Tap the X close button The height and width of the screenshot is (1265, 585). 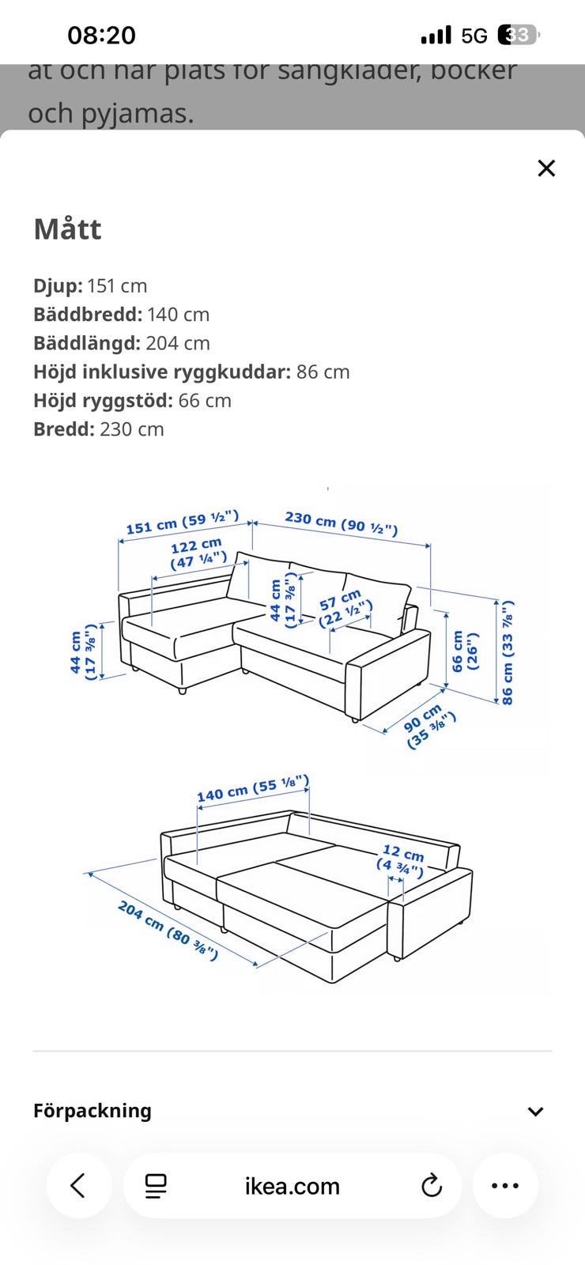[546, 168]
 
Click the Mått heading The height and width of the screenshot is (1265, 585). [67, 229]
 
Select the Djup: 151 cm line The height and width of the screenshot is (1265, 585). [90, 286]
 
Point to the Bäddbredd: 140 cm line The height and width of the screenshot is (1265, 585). [121, 315]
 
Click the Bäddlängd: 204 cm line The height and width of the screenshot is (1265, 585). [121, 343]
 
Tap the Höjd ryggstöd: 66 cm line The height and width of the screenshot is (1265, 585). [132, 401]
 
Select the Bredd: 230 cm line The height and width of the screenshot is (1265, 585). [98, 429]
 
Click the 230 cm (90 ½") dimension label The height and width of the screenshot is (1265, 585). [341, 523]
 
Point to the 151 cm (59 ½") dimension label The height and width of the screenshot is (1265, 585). [182, 523]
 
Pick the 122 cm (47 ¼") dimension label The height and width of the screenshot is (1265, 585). [198, 553]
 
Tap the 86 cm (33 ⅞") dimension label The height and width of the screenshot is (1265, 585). [507, 652]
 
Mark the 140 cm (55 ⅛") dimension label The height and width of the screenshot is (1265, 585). [252, 788]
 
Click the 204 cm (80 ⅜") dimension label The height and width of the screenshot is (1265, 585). [168, 931]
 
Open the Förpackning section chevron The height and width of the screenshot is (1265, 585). [535, 1112]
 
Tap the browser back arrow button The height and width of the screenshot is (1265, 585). [78, 1186]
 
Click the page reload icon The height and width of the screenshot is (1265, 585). [432, 1186]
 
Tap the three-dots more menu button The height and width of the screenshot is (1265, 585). [505, 1186]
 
